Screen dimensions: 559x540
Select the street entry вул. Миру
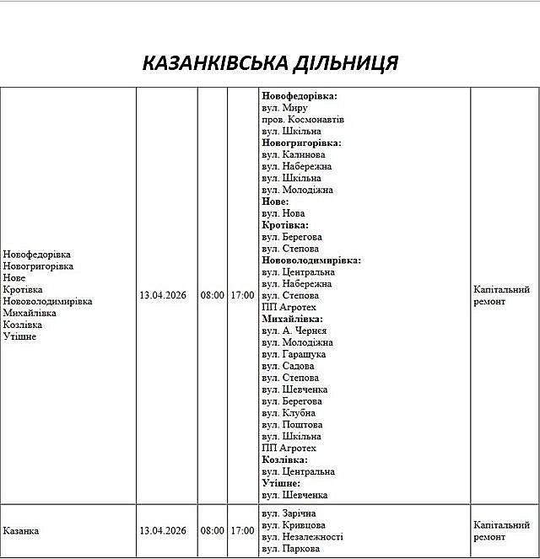click(284, 108)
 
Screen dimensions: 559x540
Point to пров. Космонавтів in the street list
click(303, 120)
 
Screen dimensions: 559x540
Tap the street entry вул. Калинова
click(293, 155)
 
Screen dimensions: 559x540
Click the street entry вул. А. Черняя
click(294, 331)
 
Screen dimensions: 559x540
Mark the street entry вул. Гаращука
click(294, 355)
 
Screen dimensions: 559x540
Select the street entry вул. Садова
click(288, 367)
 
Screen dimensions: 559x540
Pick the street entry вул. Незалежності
click(302, 537)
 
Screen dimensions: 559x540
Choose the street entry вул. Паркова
click(290, 549)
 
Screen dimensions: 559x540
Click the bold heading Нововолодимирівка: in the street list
click(311, 261)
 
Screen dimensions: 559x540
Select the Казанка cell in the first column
click(21, 531)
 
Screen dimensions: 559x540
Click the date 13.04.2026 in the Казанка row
click(163, 531)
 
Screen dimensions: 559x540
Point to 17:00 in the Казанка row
click(242, 531)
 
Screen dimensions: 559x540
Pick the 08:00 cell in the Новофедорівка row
click(213, 296)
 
